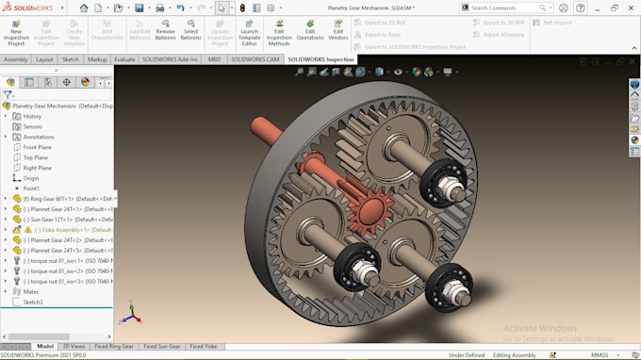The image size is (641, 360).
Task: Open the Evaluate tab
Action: click(124, 59)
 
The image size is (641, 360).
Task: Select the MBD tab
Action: click(213, 59)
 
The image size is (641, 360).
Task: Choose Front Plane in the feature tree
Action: click(37, 147)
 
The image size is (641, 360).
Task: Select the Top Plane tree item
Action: click(35, 157)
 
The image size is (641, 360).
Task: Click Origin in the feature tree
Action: click(30, 178)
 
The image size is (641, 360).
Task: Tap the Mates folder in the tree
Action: click(31, 291)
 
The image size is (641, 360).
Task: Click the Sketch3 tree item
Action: click(33, 302)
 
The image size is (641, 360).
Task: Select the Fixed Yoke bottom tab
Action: click(204, 347)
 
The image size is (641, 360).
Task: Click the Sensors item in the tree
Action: click(32, 126)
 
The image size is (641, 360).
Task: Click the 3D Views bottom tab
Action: click(73, 347)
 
